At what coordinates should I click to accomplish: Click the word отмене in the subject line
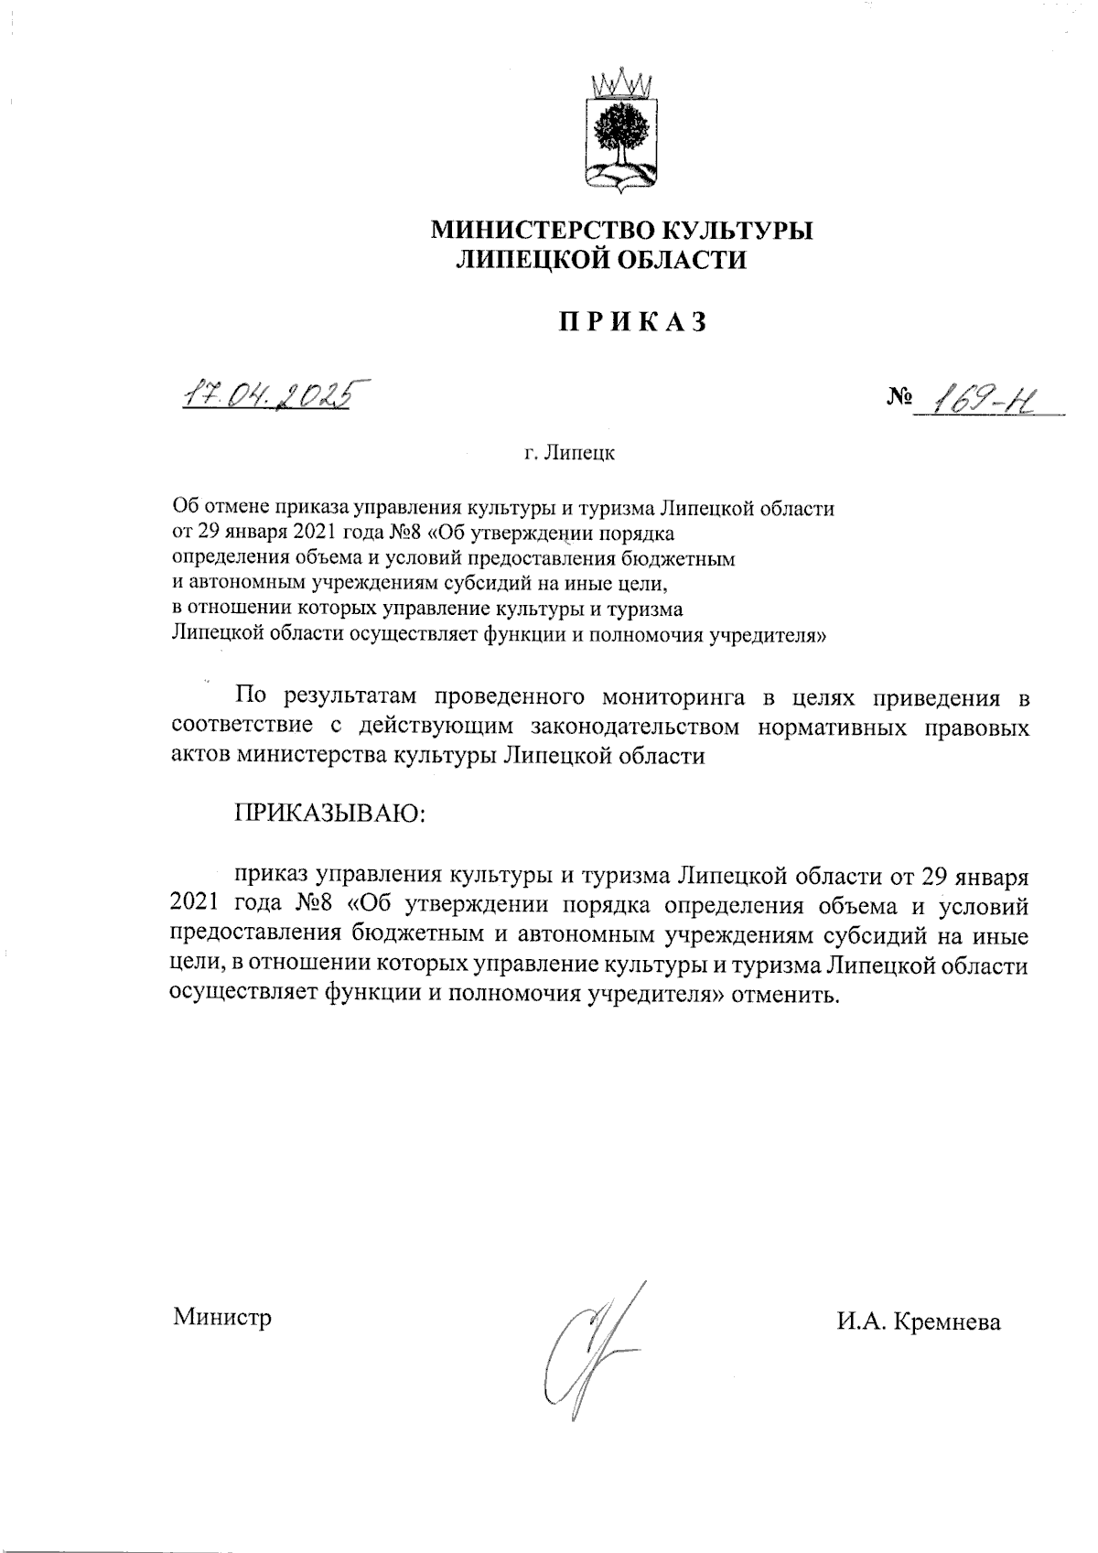tap(238, 507)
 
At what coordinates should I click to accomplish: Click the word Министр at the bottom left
tap(222, 1319)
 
